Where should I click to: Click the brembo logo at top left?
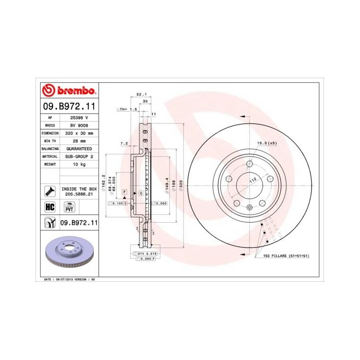68,91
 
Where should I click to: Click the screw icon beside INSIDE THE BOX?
50,191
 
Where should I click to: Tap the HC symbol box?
50,207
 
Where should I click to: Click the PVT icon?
68,207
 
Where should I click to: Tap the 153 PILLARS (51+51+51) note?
290,256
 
